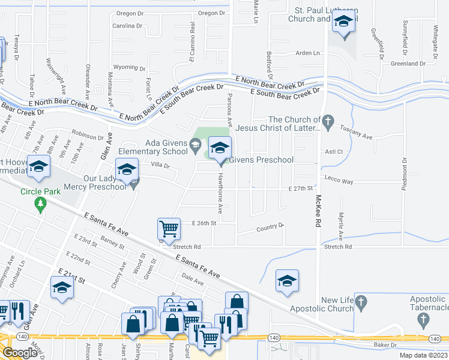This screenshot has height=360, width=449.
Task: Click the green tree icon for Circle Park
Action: [x=40, y=205]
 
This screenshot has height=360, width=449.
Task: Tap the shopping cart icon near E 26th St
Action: [x=169, y=229]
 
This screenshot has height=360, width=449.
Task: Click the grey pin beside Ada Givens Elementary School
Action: [x=195, y=145]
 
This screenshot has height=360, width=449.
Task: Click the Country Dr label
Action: [x=270, y=227]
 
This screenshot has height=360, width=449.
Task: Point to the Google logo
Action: [x=20, y=352]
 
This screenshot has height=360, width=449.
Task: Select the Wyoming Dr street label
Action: [x=126, y=67]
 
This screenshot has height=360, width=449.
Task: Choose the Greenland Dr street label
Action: [x=408, y=63]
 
